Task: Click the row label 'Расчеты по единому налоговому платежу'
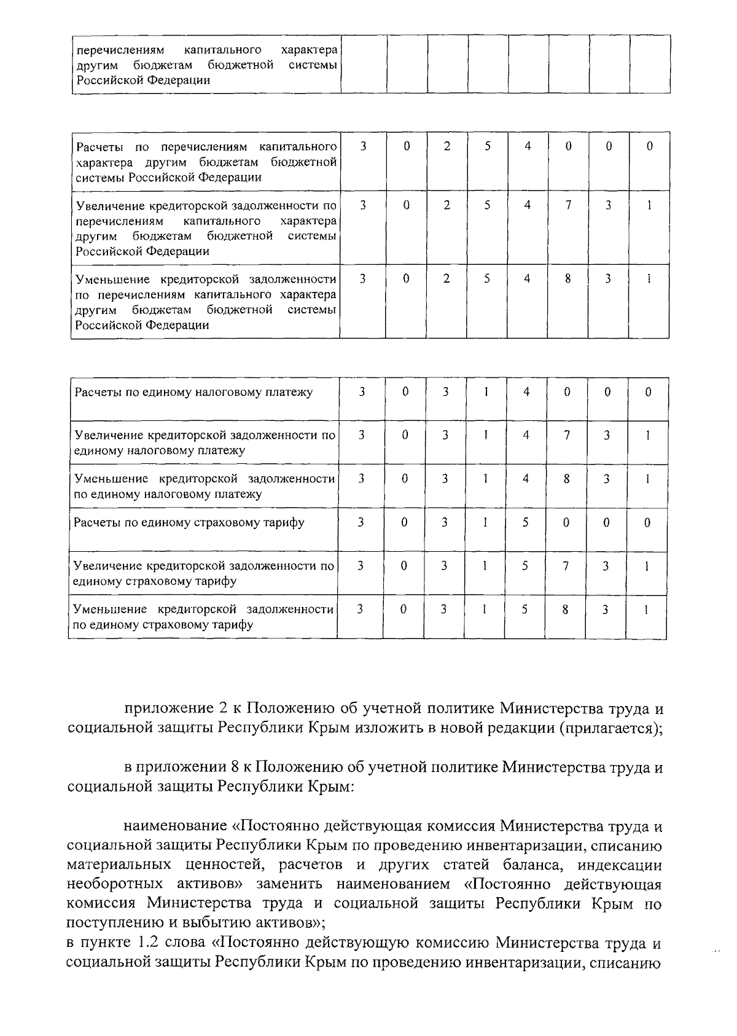(x=193, y=392)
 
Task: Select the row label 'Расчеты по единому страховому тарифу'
(x=189, y=523)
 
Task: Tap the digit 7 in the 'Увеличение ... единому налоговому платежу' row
(x=566, y=435)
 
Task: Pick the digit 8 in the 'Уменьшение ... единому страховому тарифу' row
(x=565, y=610)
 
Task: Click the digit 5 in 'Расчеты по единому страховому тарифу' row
(x=525, y=522)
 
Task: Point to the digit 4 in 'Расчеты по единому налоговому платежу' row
(x=526, y=391)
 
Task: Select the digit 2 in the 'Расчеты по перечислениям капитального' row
(x=446, y=146)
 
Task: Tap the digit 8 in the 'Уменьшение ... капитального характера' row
(x=568, y=278)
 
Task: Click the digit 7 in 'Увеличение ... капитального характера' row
(x=568, y=205)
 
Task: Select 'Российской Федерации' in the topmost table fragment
(x=142, y=80)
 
